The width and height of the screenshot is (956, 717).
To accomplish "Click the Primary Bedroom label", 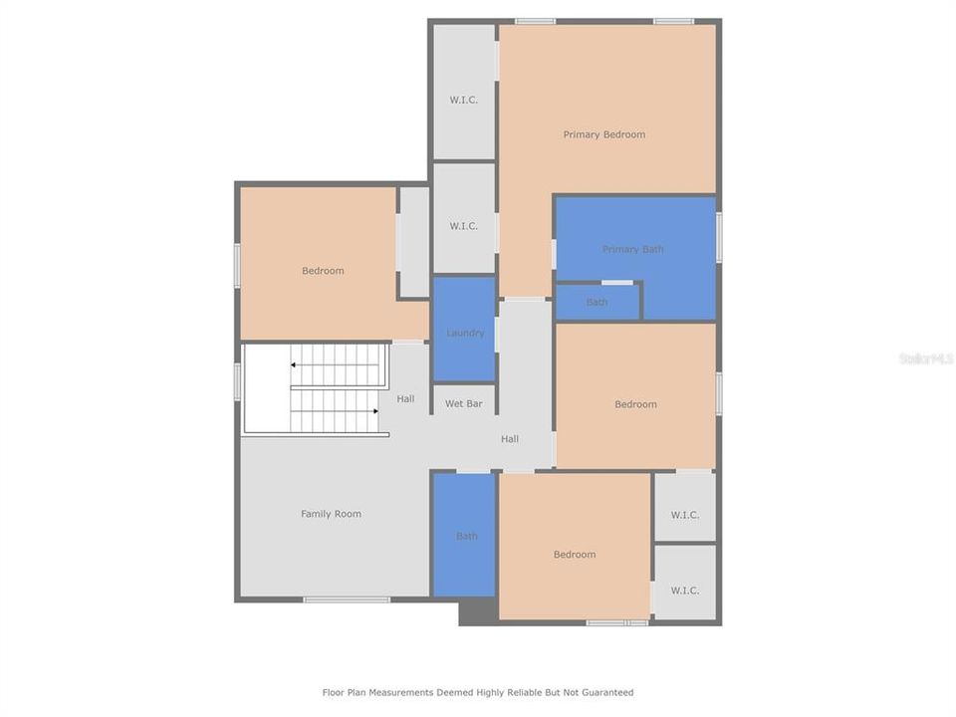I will (x=604, y=134).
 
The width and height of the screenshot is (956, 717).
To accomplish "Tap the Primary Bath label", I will (x=632, y=249).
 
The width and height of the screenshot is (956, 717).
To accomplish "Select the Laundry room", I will (x=465, y=333).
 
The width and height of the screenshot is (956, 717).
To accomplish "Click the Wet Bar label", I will (x=463, y=403).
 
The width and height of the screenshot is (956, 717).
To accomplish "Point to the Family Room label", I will (x=331, y=514).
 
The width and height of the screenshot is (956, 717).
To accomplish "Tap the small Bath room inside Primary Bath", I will (x=597, y=303).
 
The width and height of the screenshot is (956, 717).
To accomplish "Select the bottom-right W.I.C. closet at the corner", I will (x=684, y=590).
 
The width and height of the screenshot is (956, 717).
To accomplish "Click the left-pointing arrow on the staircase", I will (x=294, y=365).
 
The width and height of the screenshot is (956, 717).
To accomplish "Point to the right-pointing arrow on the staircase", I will (x=374, y=410).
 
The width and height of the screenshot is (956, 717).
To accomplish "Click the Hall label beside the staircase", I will (x=405, y=399).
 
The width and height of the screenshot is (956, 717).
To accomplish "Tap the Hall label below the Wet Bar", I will (x=510, y=438).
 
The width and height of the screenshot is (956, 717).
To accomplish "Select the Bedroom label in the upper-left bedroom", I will (x=323, y=271).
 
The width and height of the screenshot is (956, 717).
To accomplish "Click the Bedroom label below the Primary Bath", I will (x=635, y=404).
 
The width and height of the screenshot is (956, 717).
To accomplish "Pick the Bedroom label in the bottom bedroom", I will (x=575, y=555).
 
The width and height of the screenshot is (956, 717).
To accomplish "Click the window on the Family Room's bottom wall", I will (x=347, y=599).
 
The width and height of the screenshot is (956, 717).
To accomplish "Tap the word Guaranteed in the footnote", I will (x=606, y=692).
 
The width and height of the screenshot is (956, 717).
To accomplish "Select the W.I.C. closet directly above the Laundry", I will (x=464, y=226).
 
